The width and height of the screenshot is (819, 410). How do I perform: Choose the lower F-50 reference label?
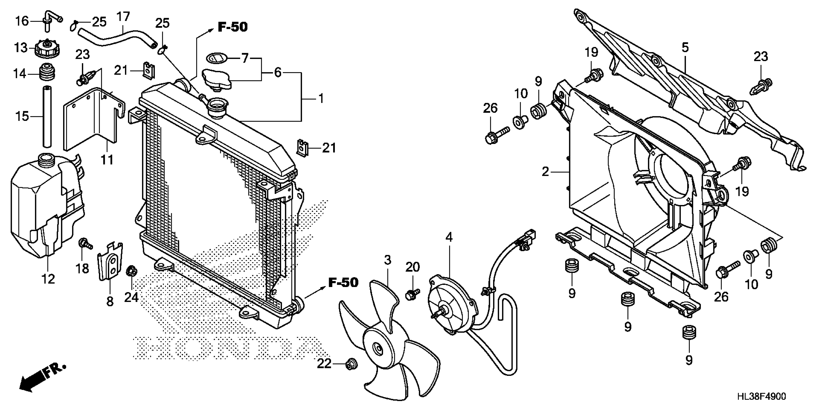[x=343, y=282]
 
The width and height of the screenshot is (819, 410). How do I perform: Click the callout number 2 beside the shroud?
[x=545, y=172]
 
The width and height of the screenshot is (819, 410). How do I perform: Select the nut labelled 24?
[x=131, y=271]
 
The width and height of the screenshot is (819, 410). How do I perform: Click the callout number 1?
[x=321, y=99]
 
